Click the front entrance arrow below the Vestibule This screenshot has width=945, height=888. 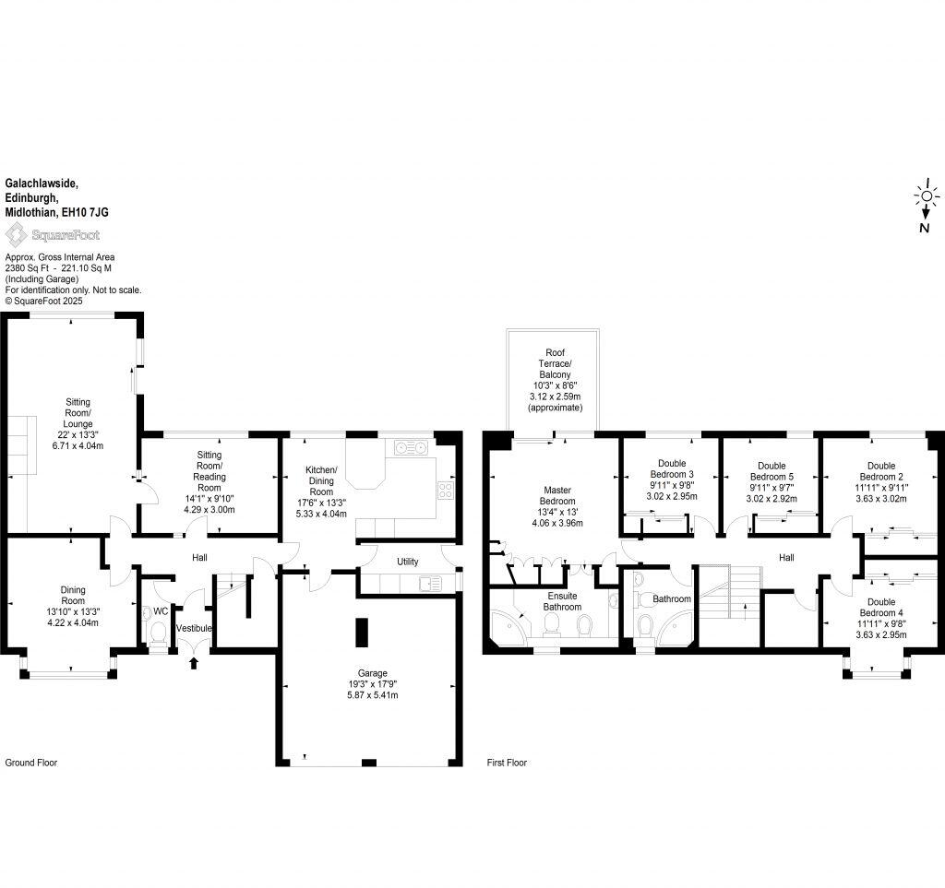point(193,661)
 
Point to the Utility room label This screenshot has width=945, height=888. point(407,562)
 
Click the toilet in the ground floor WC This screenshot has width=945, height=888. point(158,633)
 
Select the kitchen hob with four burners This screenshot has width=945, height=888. point(445,490)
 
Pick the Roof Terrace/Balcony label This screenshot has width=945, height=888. point(555,379)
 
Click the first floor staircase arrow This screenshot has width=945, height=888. point(744,610)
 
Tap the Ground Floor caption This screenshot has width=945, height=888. point(31,763)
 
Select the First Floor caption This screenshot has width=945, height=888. point(507,763)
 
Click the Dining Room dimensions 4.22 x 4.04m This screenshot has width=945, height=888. point(66,622)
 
